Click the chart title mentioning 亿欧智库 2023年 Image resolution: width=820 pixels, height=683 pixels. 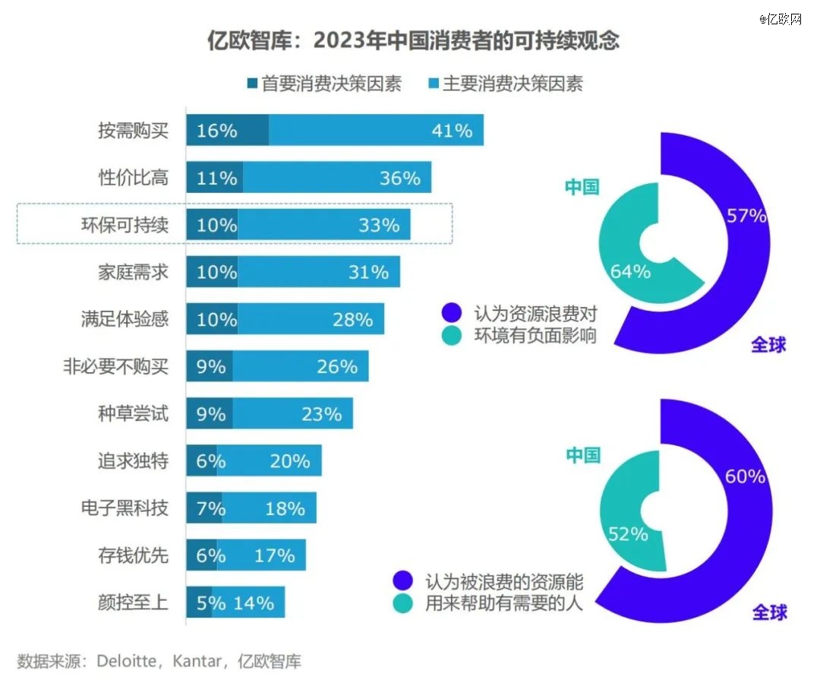[x=413, y=40]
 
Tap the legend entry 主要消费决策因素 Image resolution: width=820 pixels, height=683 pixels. [x=505, y=84]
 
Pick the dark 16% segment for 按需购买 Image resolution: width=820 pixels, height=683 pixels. [x=226, y=131]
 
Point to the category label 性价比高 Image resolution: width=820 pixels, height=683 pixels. [x=134, y=178]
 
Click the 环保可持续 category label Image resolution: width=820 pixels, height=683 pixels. [x=125, y=225]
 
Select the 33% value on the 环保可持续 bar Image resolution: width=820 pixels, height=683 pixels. [x=379, y=225]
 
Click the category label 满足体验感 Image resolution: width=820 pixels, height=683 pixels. [x=125, y=319]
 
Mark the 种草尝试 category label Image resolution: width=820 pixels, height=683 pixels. [x=134, y=414]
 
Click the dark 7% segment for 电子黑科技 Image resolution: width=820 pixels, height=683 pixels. [x=205, y=508]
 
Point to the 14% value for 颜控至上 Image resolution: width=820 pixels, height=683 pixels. [x=254, y=603]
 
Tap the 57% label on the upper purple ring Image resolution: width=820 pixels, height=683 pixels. [x=746, y=216]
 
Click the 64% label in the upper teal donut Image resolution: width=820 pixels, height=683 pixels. [x=630, y=271]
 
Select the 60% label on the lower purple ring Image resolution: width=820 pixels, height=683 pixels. [x=745, y=477]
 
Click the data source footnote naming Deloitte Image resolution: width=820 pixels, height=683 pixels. [x=159, y=661]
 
